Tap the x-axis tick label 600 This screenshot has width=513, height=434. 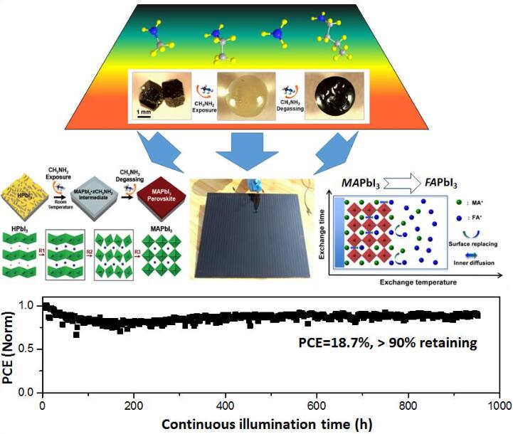(x=316, y=404)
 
